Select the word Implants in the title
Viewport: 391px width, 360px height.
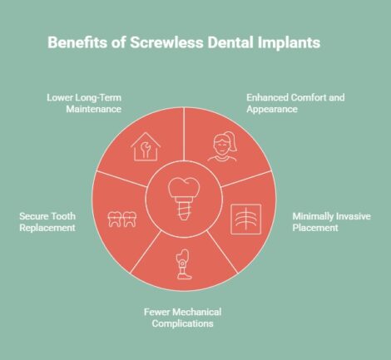tap(286, 41)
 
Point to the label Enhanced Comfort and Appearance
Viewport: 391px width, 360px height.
tap(284, 103)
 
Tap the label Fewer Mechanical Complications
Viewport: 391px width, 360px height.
tap(193, 318)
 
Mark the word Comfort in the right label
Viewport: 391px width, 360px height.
tap(294, 97)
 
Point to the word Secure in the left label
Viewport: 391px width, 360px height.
tap(32, 216)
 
